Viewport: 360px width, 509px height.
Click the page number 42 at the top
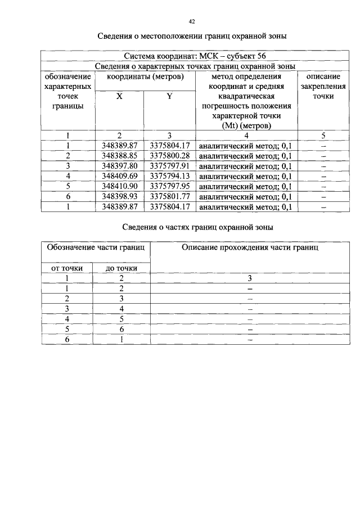pos(192,21)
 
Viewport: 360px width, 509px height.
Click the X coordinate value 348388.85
pos(119,156)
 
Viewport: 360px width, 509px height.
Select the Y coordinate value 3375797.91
pos(169,166)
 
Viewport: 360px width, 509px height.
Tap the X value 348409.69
pos(119,176)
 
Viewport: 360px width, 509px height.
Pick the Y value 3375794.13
pos(169,176)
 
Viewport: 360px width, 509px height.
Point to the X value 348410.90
pos(119,186)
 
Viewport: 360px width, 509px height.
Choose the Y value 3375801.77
pos(169,196)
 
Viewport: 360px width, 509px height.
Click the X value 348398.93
pos(119,196)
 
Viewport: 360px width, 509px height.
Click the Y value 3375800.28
pos(169,156)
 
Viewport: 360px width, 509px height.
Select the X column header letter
pos(119,96)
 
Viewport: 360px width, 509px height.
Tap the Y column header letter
pos(169,96)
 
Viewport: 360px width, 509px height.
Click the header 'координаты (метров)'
pos(145,76)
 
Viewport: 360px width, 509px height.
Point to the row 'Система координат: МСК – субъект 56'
pos(194,56)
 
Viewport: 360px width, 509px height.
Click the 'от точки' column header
pos(67,268)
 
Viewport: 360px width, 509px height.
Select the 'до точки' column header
pos(121,268)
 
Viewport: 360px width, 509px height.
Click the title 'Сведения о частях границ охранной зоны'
pos(198,227)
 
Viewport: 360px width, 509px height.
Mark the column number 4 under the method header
pos(246,135)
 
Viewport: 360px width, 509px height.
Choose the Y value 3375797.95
pos(169,186)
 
